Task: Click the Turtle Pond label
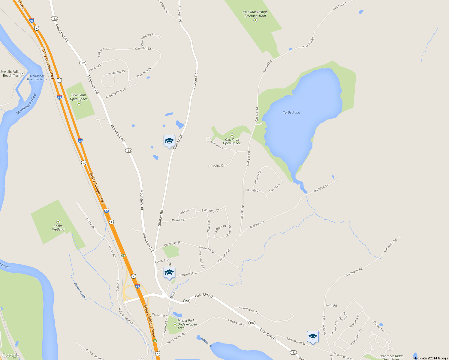click(x=291, y=112)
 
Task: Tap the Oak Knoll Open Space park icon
click(x=232, y=135)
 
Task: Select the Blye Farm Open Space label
click(x=79, y=97)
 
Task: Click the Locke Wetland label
click(x=58, y=228)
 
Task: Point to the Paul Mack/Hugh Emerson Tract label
click(x=255, y=14)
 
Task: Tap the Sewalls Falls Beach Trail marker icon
click(x=23, y=73)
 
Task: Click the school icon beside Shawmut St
click(x=169, y=273)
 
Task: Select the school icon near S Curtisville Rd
click(x=313, y=337)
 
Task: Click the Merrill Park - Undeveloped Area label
click(x=187, y=324)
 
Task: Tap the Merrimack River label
click(x=26, y=104)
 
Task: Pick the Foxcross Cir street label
click(x=117, y=72)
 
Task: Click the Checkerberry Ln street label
click(x=148, y=39)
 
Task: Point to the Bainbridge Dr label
click(x=210, y=211)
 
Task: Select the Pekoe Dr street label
click(x=178, y=220)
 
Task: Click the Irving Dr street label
click(x=218, y=166)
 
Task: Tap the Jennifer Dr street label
click(x=258, y=177)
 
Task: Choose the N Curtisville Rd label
click(x=248, y=310)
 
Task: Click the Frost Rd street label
click(x=331, y=305)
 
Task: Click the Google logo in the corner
click(x=11, y=355)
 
